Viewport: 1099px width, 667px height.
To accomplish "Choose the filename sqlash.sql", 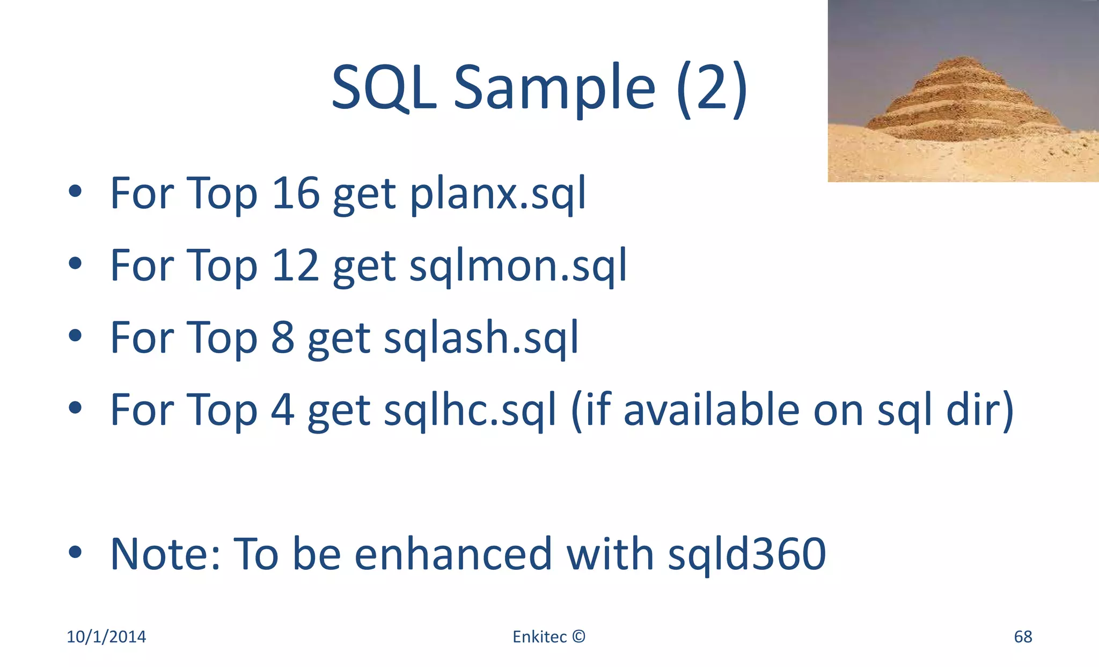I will [481, 338].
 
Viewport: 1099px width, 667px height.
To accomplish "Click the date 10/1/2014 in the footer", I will [106, 636].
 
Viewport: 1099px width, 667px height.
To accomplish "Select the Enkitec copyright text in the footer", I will [548, 636].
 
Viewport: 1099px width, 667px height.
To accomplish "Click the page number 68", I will [1023, 636].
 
